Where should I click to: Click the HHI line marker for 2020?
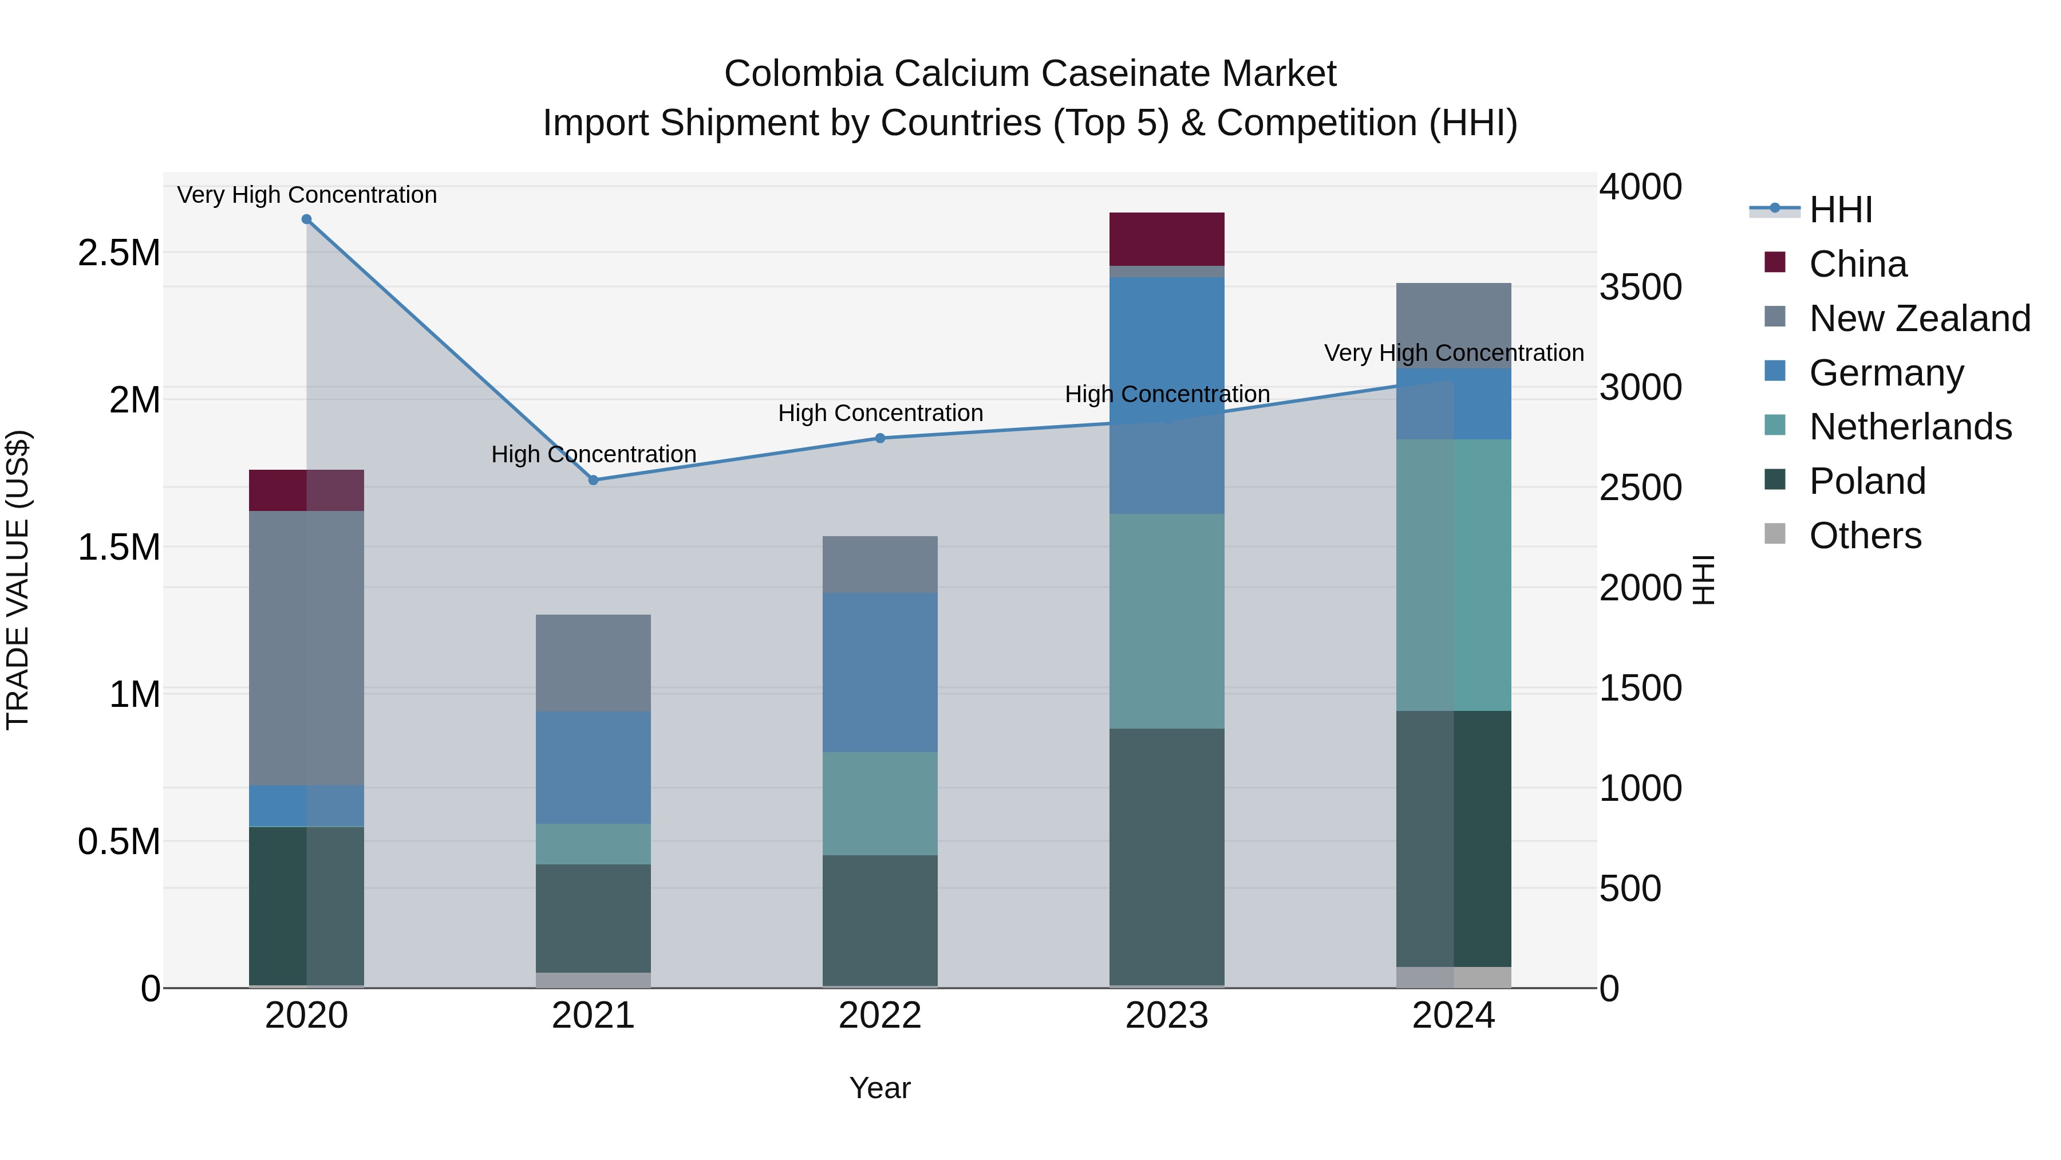(x=306, y=219)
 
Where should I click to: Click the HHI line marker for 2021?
(x=593, y=481)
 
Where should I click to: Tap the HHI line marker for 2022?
(x=880, y=438)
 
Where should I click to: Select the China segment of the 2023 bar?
(x=1167, y=238)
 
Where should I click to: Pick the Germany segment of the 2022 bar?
(x=880, y=672)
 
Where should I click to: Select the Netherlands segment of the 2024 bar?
(x=1453, y=574)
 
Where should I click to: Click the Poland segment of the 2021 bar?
(x=593, y=918)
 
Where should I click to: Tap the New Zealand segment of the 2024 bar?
(x=1453, y=325)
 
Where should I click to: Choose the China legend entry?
(x=1857, y=264)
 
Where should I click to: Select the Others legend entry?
(x=1864, y=536)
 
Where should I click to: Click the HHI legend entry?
(x=1840, y=210)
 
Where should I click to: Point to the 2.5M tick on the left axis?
(x=119, y=253)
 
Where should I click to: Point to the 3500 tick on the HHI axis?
(x=1640, y=288)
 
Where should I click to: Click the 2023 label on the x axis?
(x=1167, y=1016)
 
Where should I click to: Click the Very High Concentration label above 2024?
(x=1453, y=353)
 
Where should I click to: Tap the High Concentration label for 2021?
(x=593, y=454)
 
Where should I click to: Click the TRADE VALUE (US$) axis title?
(x=18, y=580)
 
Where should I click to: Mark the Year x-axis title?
(x=880, y=1088)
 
